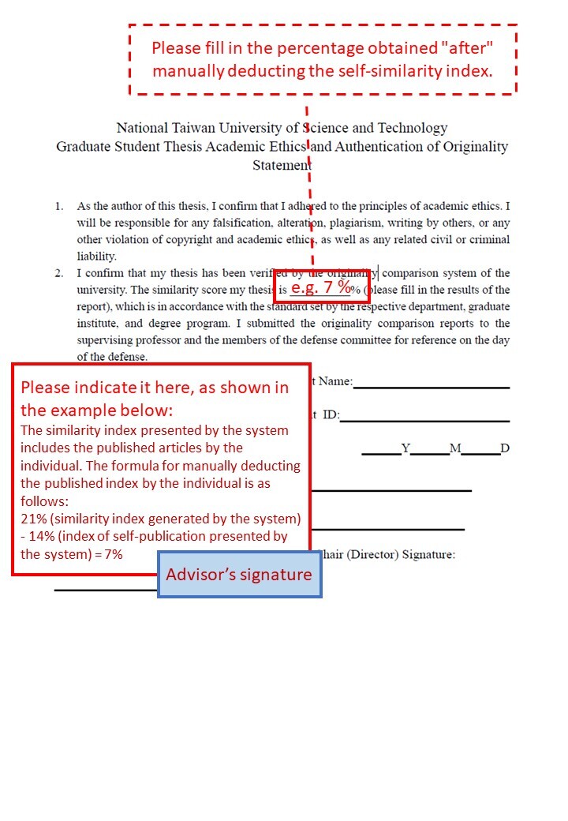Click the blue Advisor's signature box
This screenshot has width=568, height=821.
tap(239, 574)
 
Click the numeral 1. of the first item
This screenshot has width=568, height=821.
tap(59, 206)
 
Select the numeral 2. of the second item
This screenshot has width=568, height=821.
tap(59, 273)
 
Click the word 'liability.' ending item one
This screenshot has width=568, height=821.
tap(96, 256)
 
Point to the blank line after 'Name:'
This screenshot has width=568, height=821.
tap(431, 387)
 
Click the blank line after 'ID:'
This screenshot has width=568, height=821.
tap(424, 421)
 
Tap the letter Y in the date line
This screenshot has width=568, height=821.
tap(405, 448)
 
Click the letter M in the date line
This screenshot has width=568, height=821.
tap(455, 448)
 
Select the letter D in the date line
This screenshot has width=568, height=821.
tap(505, 448)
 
